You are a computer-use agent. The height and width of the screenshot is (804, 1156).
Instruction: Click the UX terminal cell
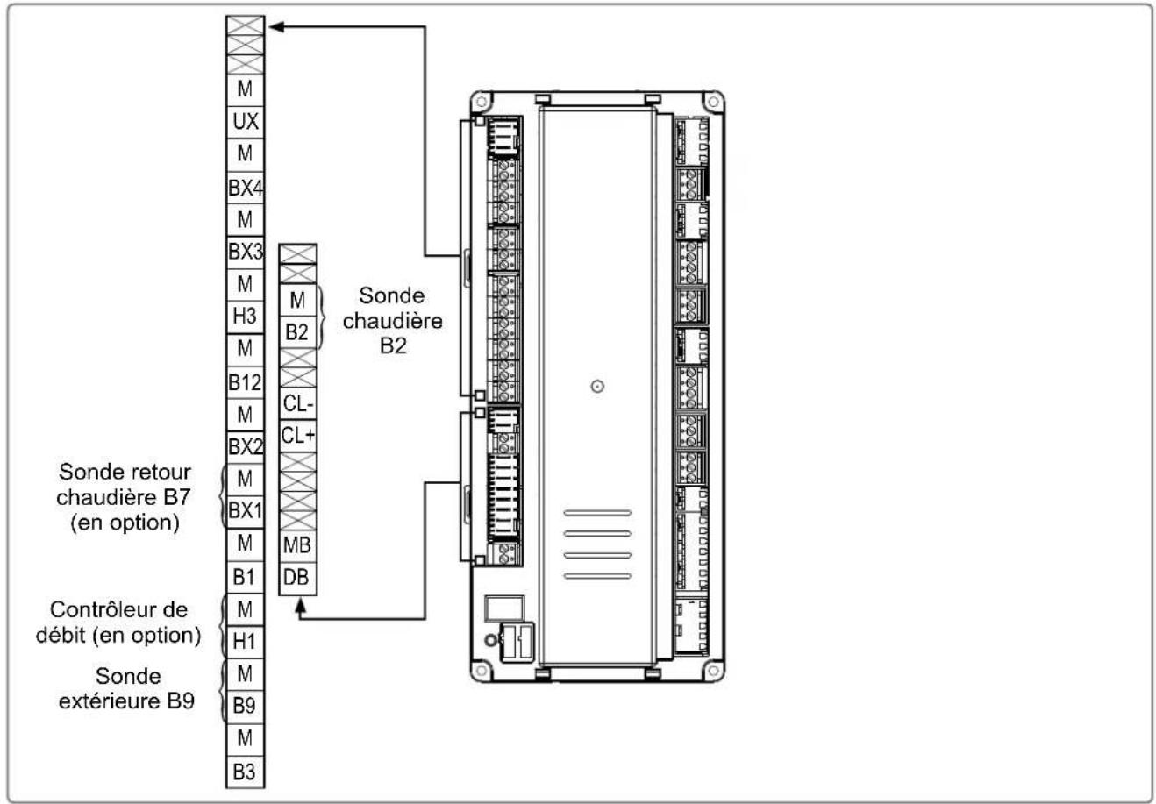coord(245,122)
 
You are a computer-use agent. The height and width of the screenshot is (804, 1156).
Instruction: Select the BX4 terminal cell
coord(245,188)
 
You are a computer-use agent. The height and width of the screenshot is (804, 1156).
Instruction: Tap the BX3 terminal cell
coord(245,252)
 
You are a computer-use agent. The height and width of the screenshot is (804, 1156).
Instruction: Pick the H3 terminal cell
coord(245,317)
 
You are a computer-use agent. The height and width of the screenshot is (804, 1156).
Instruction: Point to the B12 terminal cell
coord(245,382)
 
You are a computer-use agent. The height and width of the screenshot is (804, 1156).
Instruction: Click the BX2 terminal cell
coord(245,446)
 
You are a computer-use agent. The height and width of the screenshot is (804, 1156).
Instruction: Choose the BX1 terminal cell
coord(245,511)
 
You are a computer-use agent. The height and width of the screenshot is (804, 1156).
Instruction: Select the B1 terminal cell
coord(245,577)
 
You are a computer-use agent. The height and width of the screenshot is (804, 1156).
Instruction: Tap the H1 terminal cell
coord(245,642)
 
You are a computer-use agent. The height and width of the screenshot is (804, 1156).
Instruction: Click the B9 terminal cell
coord(245,706)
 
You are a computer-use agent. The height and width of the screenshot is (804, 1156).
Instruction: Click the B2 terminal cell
coord(297,332)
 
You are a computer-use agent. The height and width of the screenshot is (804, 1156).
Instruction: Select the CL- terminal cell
coord(297,403)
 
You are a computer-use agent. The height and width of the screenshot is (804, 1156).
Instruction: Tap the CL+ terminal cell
coord(297,437)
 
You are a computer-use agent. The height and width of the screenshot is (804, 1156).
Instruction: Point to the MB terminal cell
coord(297,545)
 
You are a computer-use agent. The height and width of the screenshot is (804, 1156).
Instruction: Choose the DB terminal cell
coord(297,578)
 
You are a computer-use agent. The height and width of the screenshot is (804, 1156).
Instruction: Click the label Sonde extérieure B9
coord(127,688)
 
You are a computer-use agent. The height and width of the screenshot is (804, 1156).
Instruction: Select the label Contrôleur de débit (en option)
coord(118,623)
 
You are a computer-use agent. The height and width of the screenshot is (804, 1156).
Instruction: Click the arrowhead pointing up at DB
coord(300,606)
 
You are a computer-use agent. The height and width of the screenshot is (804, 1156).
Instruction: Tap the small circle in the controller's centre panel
coord(597,386)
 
